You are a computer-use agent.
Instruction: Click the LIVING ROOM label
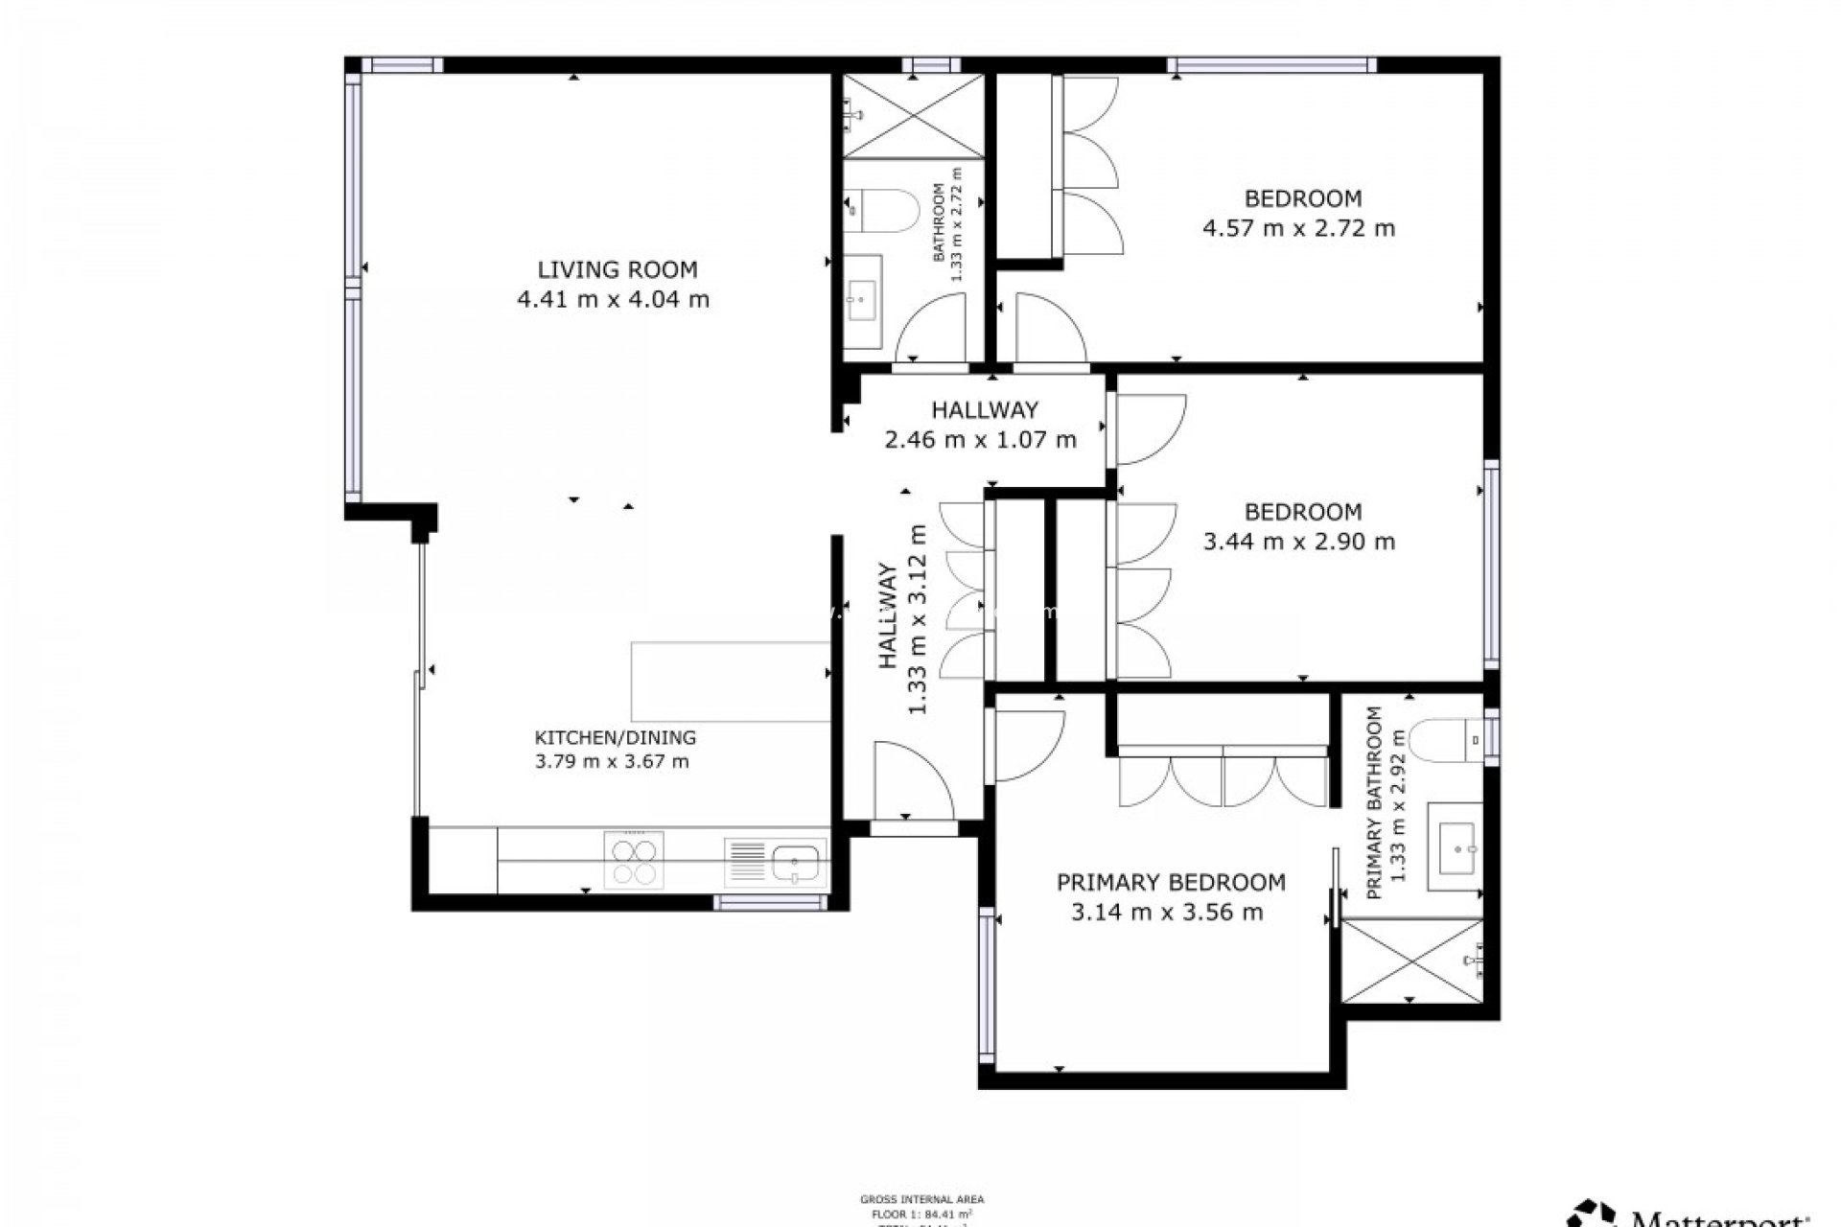[x=617, y=269]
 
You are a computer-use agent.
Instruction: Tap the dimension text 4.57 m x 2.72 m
[x=1298, y=228]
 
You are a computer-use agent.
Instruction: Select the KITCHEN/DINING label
[x=615, y=738]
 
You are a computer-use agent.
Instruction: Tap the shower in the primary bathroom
[x=1411, y=961]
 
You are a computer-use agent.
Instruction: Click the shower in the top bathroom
[x=912, y=115]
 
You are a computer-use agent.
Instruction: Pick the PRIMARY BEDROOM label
[x=1170, y=882]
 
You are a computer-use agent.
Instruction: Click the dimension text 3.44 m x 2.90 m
[x=1298, y=542]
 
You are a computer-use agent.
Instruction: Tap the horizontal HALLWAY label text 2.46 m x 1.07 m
[x=979, y=440]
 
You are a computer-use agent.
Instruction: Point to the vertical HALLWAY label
[x=888, y=616]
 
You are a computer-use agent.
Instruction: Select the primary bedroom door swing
[x=1026, y=743]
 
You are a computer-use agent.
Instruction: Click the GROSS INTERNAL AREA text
[x=921, y=1199]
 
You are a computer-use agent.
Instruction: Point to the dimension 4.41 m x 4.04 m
[x=613, y=299]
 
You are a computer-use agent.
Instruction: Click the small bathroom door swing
[x=930, y=331]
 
